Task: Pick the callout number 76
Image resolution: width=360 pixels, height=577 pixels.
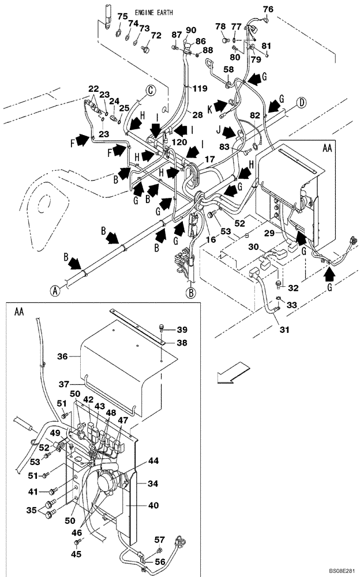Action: pyautogui.click(x=269, y=9)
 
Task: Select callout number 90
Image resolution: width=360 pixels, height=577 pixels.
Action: pyautogui.click(x=190, y=30)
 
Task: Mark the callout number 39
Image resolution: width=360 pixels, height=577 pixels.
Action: pyautogui.click(x=182, y=329)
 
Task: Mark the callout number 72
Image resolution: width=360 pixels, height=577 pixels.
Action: pyautogui.click(x=155, y=36)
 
